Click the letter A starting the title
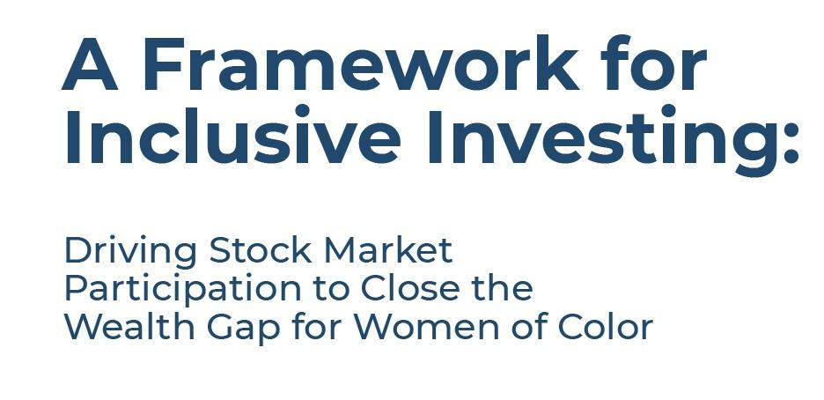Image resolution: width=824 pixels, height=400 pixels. coord(89,64)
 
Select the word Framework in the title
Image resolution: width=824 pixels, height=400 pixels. coord(361,63)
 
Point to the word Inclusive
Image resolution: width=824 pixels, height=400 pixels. coord(232,135)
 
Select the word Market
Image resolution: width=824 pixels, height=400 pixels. coord(388,250)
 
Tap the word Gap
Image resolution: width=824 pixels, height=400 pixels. coord(243,330)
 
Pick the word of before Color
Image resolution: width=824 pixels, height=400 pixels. coord(529,327)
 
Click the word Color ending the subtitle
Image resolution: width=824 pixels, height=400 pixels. coord(605,327)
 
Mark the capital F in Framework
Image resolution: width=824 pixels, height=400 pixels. coord(164,64)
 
